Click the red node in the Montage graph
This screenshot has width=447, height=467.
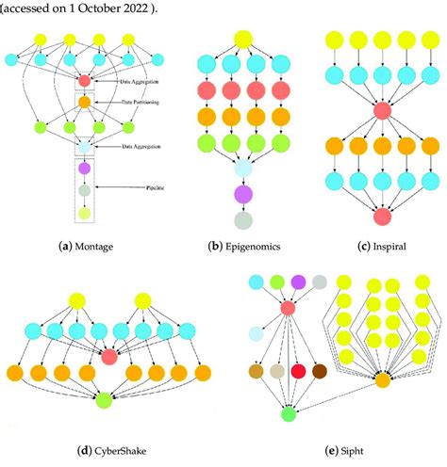(84, 80)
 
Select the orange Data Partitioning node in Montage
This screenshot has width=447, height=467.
(84, 101)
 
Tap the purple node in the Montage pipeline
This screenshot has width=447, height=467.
(84, 169)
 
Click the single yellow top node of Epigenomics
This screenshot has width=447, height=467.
(242, 38)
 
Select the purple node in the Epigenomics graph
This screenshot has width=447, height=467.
(244, 194)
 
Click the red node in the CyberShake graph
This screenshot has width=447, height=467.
(109, 356)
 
